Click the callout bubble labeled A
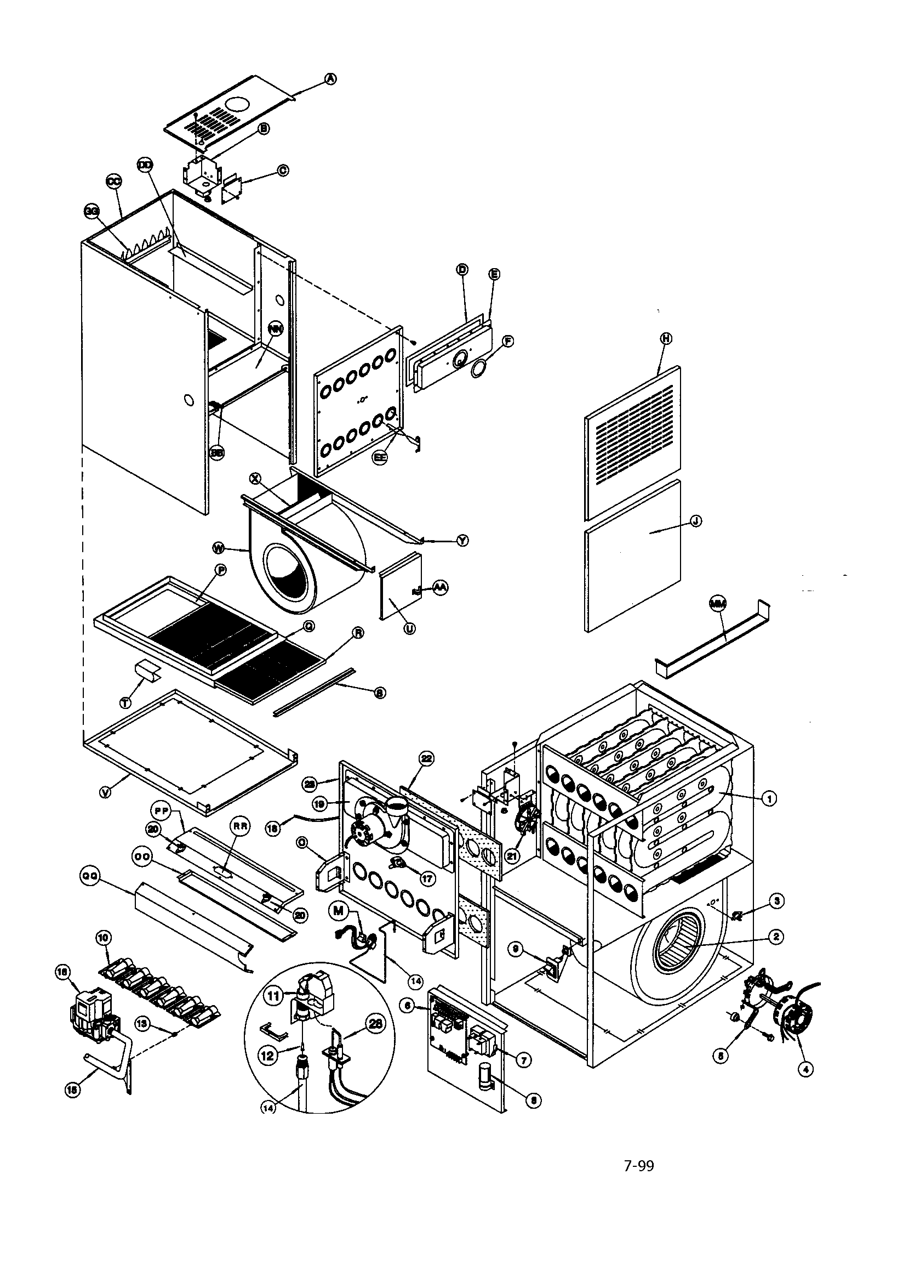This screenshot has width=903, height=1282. click(x=331, y=80)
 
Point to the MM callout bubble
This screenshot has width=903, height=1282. click(x=717, y=603)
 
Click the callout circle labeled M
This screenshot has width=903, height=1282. click(x=339, y=911)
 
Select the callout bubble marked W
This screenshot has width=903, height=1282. click(x=219, y=549)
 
